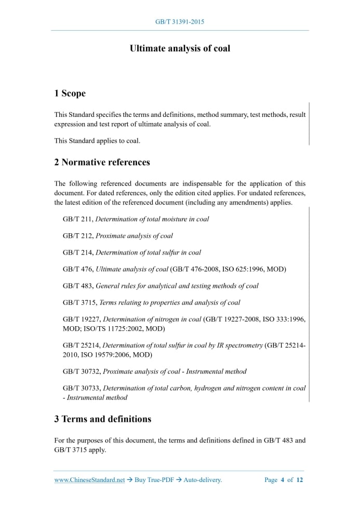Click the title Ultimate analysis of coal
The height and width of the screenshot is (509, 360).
(180, 48)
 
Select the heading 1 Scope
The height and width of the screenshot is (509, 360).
(70, 93)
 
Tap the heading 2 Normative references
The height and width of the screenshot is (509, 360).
(102, 162)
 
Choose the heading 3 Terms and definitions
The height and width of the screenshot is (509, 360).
(102, 419)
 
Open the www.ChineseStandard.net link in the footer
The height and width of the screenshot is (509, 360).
(89, 480)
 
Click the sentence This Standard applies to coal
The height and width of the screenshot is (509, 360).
(97, 141)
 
